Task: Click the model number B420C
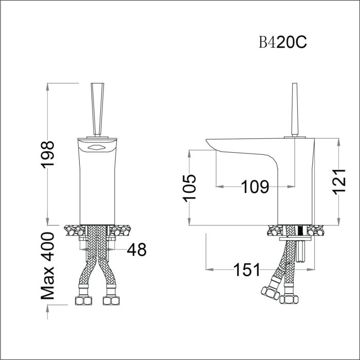click(x=283, y=43)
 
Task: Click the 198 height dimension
click(x=47, y=155)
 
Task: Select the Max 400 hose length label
click(x=47, y=266)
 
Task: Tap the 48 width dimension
click(x=137, y=250)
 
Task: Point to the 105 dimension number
click(x=189, y=188)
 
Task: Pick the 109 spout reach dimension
click(x=255, y=187)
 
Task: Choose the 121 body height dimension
click(x=339, y=182)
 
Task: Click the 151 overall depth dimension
click(x=247, y=269)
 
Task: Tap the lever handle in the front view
click(x=98, y=109)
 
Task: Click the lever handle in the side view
click(x=295, y=110)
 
